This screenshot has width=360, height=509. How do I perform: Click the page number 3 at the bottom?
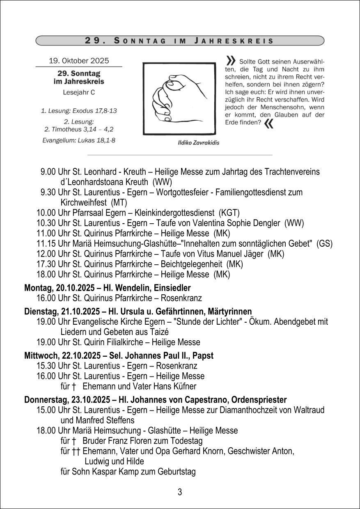[x=180, y=492]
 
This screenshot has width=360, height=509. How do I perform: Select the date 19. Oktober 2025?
[x=79, y=61]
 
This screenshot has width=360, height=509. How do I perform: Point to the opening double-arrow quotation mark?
[x=231, y=61]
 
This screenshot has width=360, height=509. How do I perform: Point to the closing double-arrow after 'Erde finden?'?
[x=269, y=124]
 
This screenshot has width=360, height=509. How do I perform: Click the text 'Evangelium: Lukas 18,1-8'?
[x=79, y=140]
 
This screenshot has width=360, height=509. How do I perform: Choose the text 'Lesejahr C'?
[x=79, y=92]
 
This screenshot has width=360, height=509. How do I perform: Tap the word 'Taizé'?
[x=158, y=332]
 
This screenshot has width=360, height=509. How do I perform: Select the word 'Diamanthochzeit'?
[x=241, y=410]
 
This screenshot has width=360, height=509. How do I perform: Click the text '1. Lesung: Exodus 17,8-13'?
[x=79, y=111]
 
